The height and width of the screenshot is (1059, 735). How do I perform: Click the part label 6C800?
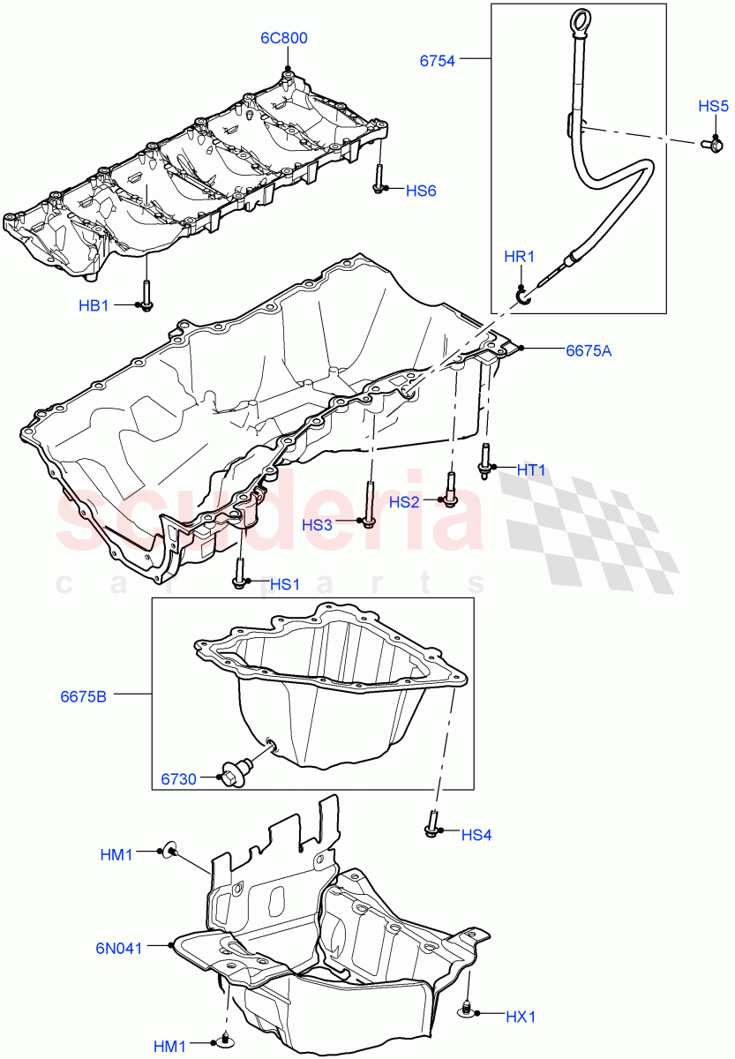click(283, 38)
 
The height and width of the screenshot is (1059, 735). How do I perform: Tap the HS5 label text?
click(713, 106)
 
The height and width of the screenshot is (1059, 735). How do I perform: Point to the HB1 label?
click(93, 305)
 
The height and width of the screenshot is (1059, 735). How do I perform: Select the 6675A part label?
click(589, 349)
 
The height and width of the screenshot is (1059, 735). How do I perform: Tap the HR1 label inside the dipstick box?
click(519, 257)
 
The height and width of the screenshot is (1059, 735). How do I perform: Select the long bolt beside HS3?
click(368, 504)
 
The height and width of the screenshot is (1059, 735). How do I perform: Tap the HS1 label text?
click(284, 583)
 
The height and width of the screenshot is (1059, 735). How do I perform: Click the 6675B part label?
click(83, 696)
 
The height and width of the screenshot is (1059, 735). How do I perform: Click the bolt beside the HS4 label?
click(432, 823)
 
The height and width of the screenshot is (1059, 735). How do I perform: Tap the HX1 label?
click(521, 1017)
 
